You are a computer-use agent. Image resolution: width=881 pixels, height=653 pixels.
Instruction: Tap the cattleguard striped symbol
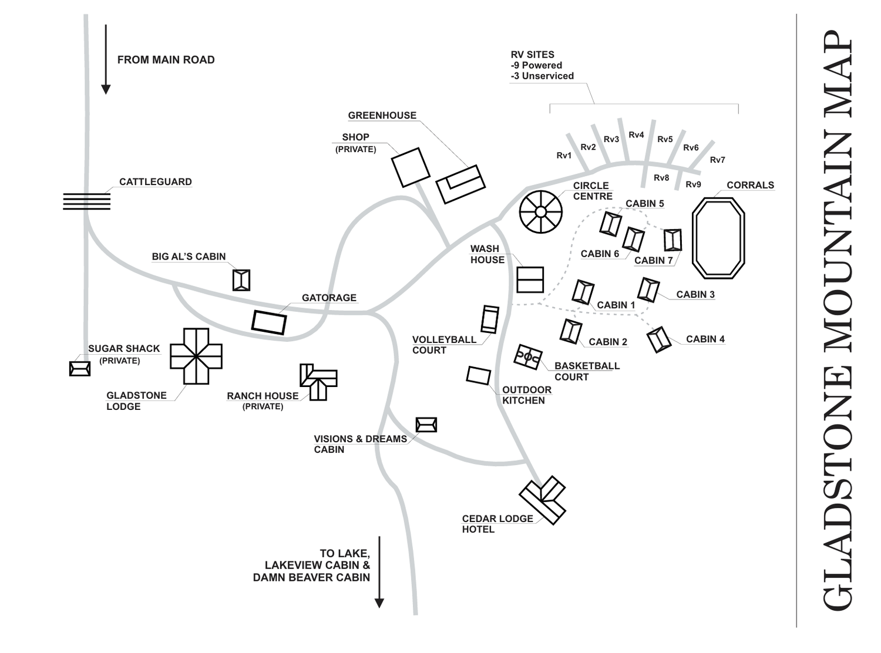click(86, 201)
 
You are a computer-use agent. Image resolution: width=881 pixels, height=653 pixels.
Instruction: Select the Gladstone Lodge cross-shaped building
click(196, 356)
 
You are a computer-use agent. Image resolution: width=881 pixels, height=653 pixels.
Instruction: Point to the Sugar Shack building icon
click(80, 369)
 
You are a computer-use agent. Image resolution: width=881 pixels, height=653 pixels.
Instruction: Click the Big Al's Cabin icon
click(241, 280)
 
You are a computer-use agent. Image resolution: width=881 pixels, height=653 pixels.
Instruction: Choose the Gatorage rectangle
click(269, 322)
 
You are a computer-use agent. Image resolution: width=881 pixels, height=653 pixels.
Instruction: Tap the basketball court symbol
click(528, 356)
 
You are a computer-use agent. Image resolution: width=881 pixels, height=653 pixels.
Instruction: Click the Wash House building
click(530, 280)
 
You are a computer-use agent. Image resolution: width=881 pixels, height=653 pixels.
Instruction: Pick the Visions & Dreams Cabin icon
click(426, 425)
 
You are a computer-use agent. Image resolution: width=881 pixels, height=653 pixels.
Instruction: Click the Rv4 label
click(636, 135)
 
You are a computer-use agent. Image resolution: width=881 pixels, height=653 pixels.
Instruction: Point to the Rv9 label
click(693, 184)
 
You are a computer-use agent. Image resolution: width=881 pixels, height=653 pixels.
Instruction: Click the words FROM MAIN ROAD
click(166, 60)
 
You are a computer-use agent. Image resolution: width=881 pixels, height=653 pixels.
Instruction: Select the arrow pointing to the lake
click(379, 572)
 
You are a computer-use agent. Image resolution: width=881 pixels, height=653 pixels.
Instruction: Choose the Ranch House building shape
click(318, 382)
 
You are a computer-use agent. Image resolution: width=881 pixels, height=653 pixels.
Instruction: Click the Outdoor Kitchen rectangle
click(479, 375)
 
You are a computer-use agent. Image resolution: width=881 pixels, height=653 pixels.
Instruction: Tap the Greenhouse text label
click(382, 116)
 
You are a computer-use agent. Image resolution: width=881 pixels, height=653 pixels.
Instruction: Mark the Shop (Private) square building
click(411, 167)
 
